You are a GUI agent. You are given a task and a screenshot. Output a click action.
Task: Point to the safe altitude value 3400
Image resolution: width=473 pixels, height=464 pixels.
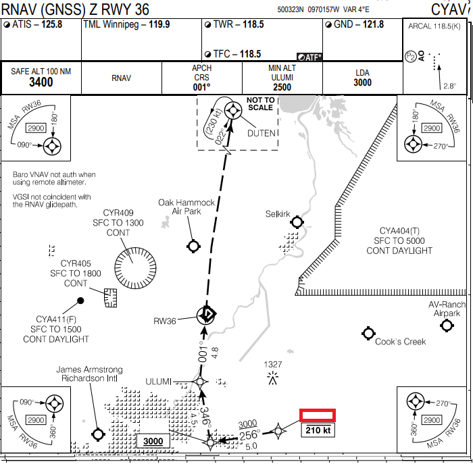(41, 82)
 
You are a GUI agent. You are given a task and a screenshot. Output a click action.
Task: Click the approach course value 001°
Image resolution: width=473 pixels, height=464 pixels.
(201, 86)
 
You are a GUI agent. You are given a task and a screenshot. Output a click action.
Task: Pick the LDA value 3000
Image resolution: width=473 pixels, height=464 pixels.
(362, 82)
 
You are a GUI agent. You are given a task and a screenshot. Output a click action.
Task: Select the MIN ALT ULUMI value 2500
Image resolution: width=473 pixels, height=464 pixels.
(282, 87)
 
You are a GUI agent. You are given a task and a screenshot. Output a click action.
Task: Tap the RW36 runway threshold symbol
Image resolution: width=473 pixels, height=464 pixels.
(207, 314)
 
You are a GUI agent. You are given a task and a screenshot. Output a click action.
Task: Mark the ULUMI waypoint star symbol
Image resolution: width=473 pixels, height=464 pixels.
(200, 382)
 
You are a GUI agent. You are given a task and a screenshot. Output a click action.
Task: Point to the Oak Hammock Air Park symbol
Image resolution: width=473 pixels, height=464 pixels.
(195, 246)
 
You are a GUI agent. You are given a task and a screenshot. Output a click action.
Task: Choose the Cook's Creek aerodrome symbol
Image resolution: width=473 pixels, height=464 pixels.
(368, 333)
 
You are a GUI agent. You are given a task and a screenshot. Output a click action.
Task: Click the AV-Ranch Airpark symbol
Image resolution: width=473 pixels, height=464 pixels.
(446, 326)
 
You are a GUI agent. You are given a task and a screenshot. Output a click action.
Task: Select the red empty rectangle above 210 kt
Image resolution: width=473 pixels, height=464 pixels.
(318, 415)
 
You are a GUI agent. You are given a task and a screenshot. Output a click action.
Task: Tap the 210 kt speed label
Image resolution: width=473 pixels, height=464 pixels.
(318, 430)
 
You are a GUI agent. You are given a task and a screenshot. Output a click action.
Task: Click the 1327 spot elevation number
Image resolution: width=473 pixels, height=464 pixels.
(273, 365)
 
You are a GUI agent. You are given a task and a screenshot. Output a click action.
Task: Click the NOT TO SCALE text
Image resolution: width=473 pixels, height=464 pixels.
(261, 103)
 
